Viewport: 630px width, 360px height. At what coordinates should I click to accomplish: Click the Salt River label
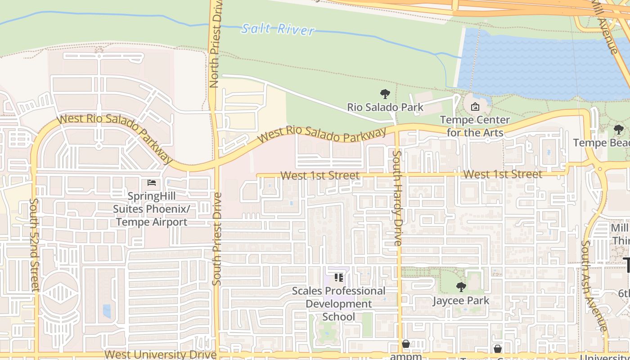278,29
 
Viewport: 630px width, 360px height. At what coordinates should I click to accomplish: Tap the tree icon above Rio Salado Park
385,94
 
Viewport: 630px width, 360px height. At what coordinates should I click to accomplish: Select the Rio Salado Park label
385,107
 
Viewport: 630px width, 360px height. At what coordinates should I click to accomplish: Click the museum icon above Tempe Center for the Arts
475,107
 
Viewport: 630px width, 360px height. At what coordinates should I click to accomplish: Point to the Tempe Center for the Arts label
475,126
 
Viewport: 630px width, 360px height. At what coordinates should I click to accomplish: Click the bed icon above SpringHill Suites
152,183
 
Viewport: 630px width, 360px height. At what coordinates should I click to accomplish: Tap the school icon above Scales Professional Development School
339,277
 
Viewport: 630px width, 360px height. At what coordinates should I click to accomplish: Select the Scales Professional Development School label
339,304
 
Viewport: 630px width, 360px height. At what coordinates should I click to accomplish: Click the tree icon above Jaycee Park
461,287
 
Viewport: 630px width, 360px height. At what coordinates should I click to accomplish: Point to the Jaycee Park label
461,300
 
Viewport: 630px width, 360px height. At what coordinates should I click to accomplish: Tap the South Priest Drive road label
217,238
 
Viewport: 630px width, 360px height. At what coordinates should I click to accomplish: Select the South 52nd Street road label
35,244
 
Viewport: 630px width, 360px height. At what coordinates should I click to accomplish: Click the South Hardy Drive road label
397,198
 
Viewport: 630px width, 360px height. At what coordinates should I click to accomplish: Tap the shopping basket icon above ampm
406,344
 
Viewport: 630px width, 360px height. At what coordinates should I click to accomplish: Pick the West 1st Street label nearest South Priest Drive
320,175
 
